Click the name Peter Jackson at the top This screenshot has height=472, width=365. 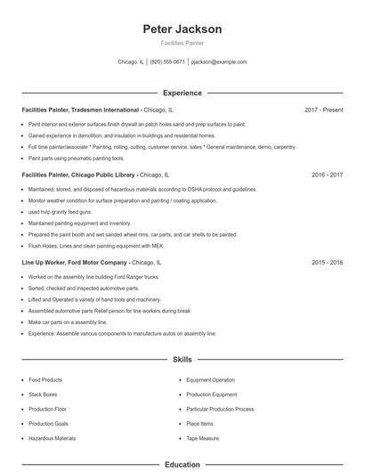coord(182,28)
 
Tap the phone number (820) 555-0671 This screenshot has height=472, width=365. coord(167,62)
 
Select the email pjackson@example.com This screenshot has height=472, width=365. coord(219,62)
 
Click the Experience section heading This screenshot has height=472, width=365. coord(182,93)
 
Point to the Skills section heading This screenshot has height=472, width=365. coord(182,360)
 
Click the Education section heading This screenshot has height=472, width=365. coord(182,464)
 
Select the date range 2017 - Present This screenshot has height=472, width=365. coord(323,110)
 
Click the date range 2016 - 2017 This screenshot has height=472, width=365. coord(327,175)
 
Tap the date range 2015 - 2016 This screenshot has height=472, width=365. coord(327,263)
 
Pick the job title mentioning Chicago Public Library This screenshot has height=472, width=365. coord(78,175)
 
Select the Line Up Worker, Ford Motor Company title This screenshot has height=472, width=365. coord(75,263)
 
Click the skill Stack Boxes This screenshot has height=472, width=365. coord(43,394)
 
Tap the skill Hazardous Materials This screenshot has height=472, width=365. coord(51,438)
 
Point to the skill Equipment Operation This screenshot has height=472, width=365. coord(210,379)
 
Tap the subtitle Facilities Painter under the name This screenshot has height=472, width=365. coord(182,43)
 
